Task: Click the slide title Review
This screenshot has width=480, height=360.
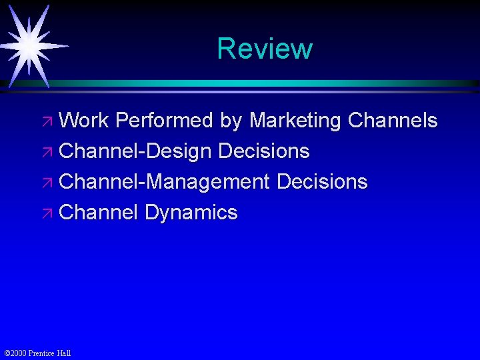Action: pos(265,49)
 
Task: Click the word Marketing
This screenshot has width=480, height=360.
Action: pos(294,121)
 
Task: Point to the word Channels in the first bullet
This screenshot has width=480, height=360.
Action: pos(393,121)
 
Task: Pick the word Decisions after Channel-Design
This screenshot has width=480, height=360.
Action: pos(264,151)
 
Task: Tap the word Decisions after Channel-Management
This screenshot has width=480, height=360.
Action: pos(321,182)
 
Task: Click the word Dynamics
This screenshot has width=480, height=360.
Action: pos(191,213)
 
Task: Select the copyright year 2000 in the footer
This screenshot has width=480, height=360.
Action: pos(19,353)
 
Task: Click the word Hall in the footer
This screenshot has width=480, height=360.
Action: pos(64,353)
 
